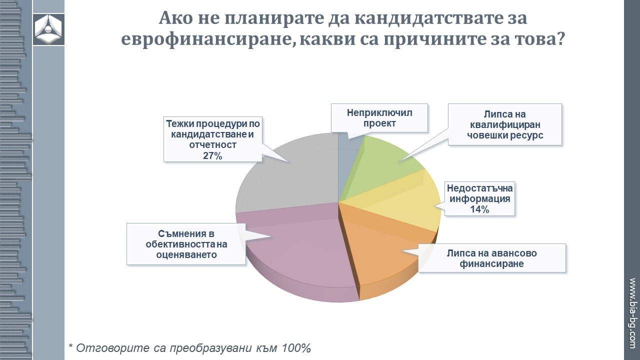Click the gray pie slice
tap(288, 174)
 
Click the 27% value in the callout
tap(212, 155)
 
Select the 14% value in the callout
tap(479, 209)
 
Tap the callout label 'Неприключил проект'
tap(379, 118)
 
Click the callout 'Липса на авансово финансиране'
tap(492, 258)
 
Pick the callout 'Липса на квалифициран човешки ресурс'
tap(505, 124)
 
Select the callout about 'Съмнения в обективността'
tap(186, 244)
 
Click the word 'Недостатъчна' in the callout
tap(479, 188)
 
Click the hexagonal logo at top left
tap(48, 29)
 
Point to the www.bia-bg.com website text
tap(632, 313)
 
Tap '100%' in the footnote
tap(296, 348)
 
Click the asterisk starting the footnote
tap(71, 345)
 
